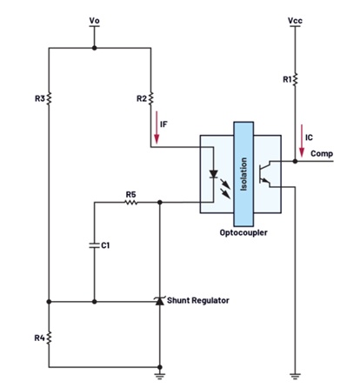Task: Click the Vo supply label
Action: click(94, 21)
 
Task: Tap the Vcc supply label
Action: click(295, 21)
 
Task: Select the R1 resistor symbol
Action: click(295, 79)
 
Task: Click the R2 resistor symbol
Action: click(150, 98)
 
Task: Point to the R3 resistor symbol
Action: click(49, 98)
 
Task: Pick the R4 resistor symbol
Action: click(49, 338)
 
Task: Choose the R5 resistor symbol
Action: click(131, 202)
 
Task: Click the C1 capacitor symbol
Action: click(94, 245)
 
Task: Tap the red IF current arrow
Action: click(157, 128)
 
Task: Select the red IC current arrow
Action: click(302, 141)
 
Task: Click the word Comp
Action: click(322, 153)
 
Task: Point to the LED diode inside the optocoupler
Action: click(214, 174)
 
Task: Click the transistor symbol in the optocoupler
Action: click(265, 174)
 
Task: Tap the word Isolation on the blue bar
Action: click(243, 174)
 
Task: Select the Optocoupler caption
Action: click(243, 232)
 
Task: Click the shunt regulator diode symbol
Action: click(159, 301)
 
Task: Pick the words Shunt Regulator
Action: click(198, 300)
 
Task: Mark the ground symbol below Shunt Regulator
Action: click(159, 376)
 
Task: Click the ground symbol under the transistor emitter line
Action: click(295, 376)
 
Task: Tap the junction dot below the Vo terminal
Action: click(94, 48)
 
